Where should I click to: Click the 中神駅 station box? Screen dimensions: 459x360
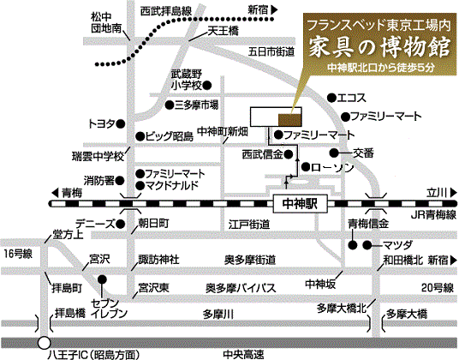pos(300,203)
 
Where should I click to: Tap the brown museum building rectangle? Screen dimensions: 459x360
pos(289,120)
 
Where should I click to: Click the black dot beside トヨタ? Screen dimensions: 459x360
pos(121,124)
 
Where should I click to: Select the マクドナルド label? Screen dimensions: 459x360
pos(172,186)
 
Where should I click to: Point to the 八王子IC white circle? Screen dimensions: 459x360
pos(45,343)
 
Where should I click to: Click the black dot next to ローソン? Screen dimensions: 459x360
pos(306,167)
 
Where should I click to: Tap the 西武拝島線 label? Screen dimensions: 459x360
pos(166,11)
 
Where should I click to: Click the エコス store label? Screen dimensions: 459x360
pos(352,98)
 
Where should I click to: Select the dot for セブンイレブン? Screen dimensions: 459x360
pos(102,279)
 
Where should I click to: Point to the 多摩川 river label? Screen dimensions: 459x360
pos(218,315)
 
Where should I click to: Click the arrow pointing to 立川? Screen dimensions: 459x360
pos(454,193)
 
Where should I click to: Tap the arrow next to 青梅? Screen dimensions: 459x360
pos(56,193)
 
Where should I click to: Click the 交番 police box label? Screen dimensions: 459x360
pos(363,153)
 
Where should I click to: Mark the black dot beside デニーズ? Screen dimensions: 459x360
pos(121,225)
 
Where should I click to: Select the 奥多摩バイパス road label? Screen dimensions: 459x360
pos(241,288)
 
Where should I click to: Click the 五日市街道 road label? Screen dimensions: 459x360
pos(271,52)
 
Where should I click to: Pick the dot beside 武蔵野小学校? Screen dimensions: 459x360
pos(207,85)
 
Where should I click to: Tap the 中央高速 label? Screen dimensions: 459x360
pos(243,355)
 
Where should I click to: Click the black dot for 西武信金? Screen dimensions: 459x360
pos(289,154)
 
